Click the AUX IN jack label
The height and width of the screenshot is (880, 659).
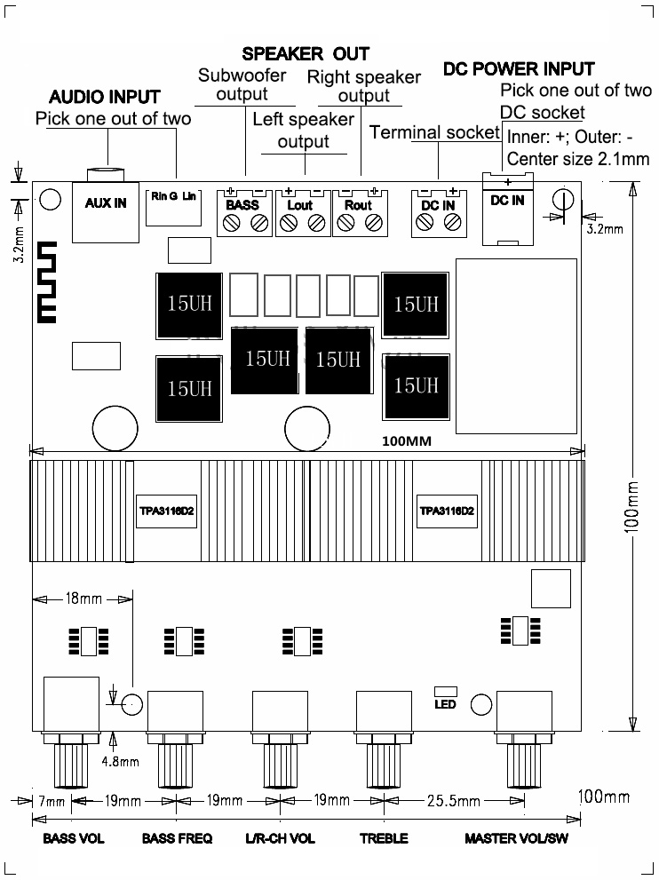[x=106, y=203]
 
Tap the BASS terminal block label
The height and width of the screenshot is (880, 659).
[x=242, y=205]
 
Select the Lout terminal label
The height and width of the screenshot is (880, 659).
[x=300, y=205]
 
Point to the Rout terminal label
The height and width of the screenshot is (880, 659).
[x=358, y=205]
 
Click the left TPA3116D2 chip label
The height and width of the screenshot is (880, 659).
[x=167, y=511]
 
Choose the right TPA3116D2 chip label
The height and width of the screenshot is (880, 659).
[x=447, y=511]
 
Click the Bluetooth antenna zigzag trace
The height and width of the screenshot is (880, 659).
[x=47, y=282]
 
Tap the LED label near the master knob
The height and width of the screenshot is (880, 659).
[x=445, y=704]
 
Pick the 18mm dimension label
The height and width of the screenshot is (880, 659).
[x=83, y=599]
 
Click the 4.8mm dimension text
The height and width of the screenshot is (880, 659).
[x=120, y=762]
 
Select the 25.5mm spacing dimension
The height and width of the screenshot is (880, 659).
[x=454, y=801]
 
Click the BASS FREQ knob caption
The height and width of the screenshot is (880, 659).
[x=178, y=838]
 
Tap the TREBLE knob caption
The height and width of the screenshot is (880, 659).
[x=384, y=838]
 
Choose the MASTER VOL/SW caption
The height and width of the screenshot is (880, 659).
[x=516, y=838]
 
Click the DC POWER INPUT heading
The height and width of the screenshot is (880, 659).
[x=519, y=69]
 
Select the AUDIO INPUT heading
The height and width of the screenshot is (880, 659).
[x=105, y=97]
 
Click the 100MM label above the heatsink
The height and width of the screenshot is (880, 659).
[x=407, y=441]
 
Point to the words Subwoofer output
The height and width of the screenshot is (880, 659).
[x=242, y=84]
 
